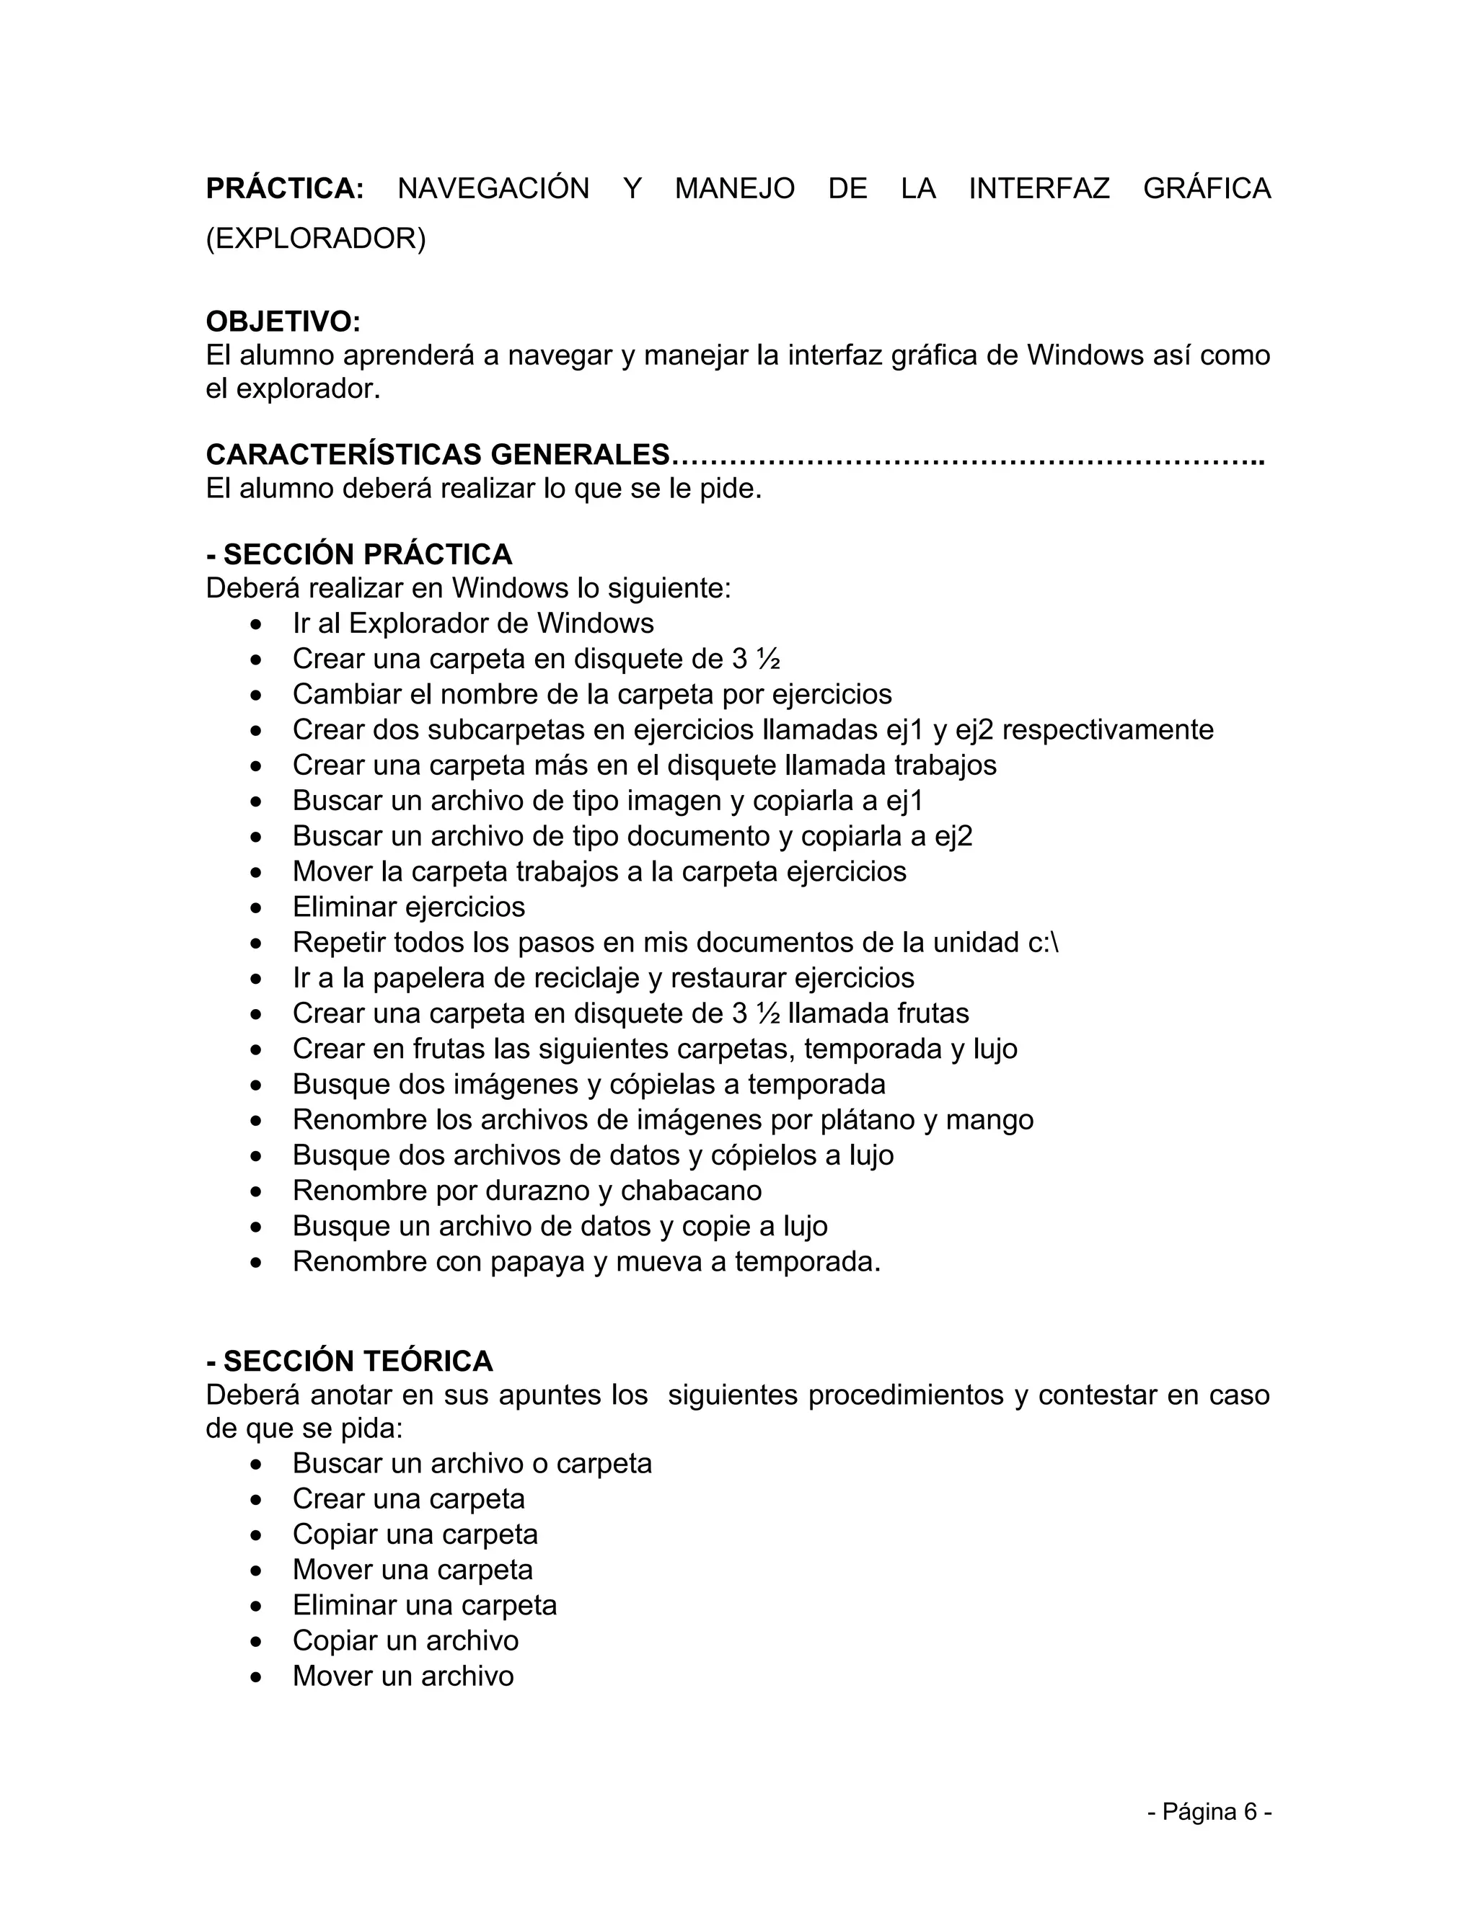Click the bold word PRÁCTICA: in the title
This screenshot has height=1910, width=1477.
284,188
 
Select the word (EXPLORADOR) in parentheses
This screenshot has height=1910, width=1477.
316,238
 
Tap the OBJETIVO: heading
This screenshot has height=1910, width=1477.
283,322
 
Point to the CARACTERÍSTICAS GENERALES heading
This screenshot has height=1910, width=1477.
438,455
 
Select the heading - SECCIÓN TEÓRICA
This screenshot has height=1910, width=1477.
349,1362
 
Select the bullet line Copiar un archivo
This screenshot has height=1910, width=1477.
405,1640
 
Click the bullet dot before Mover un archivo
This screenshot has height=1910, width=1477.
255,1677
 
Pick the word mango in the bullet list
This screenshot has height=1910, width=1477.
989,1119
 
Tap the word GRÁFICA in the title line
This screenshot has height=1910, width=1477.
1207,188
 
